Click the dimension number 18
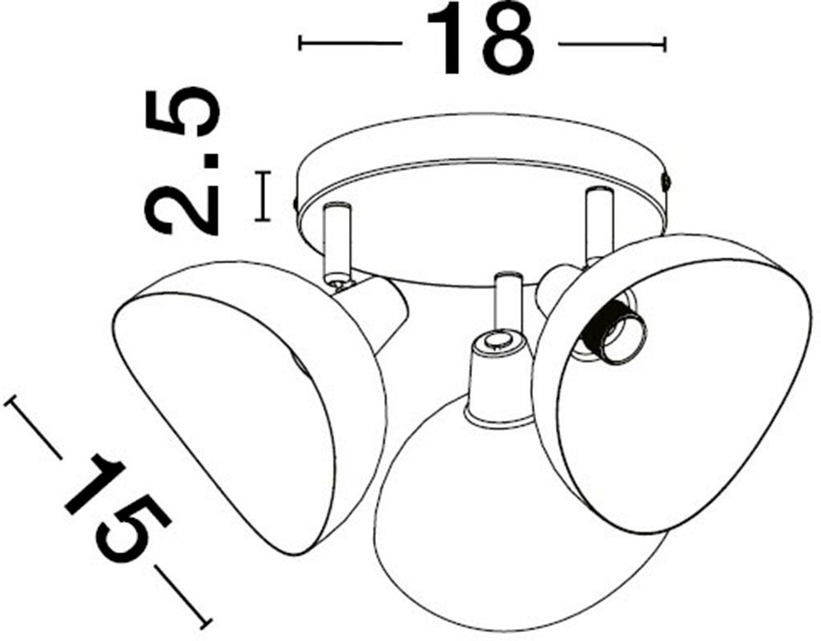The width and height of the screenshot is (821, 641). [479, 39]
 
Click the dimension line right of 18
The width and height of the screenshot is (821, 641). [612, 43]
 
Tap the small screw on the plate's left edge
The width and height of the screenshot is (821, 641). [296, 199]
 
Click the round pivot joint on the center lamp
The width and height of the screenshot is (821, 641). [497, 341]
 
